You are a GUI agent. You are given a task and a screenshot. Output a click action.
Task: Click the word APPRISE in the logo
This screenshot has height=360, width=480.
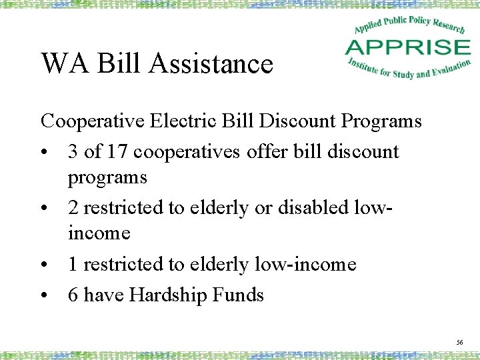pyautogui.click(x=408, y=47)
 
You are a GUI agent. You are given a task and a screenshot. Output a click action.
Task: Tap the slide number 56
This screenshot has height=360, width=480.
pyautogui.click(x=459, y=341)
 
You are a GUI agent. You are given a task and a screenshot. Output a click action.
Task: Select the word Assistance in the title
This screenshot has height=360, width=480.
pyautogui.click(x=211, y=64)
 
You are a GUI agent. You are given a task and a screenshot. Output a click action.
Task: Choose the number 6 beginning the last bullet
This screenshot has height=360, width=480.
pyautogui.click(x=73, y=295)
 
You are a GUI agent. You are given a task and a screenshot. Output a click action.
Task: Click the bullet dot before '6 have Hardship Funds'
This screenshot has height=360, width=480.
pyautogui.click(x=44, y=295)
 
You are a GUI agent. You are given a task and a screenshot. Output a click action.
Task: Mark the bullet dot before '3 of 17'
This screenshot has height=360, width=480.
pyautogui.click(x=44, y=152)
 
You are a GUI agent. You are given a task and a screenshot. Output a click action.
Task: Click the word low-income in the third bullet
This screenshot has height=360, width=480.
pyautogui.click(x=306, y=265)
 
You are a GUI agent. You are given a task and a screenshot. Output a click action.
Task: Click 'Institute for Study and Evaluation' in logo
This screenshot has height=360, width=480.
pyautogui.click(x=409, y=69)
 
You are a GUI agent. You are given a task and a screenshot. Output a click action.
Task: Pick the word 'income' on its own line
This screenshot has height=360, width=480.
pyautogui.click(x=99, y=233)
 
